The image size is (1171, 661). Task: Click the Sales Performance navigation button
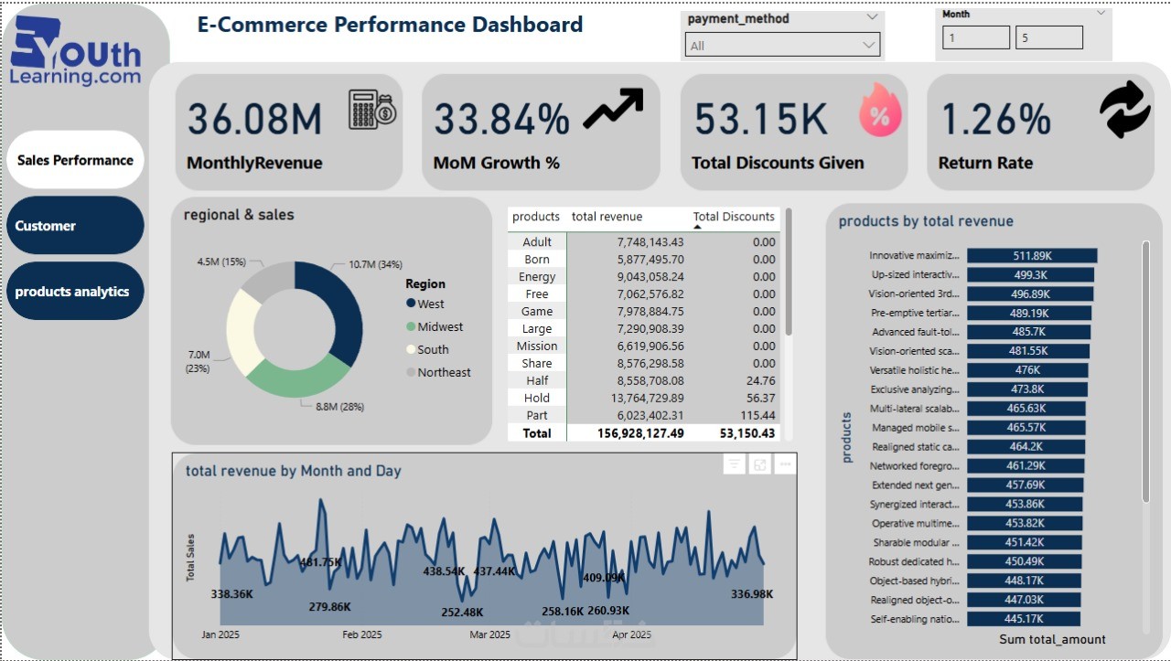[x=75, y=160]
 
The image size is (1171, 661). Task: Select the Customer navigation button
[x=75, y=226]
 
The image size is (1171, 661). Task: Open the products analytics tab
[x=75, y=292]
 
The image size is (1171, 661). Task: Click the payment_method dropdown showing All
[x=782, y=45]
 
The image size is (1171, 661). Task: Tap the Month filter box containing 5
[x=1048, y=37]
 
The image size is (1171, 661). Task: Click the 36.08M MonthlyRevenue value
[x=255, y=120]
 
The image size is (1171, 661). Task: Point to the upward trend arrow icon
[x=613, y=109]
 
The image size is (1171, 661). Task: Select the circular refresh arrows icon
[x=1124, y=109]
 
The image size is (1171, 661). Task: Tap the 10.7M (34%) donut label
[x=375, y=264]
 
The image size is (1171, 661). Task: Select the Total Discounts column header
[x=734, y=217]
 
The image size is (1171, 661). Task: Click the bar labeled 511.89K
[x=1031, y=256]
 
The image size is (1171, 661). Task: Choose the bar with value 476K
[x=1027, y=370]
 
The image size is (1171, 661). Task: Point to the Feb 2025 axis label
[x=362, y=634]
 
